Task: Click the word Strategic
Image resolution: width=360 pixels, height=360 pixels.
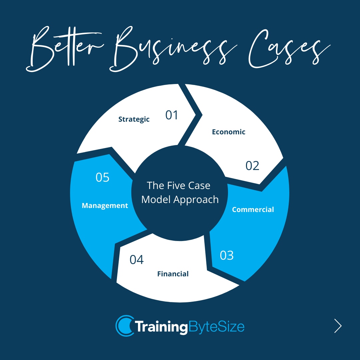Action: (x=134, y=119)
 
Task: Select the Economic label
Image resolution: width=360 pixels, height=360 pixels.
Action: (x=229, y=132)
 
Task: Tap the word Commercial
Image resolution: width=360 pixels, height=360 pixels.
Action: (x=253, y=210)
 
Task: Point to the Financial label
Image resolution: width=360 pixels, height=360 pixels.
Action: (x=173, y=274)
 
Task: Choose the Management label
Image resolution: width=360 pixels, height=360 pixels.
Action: (x=105, y=206)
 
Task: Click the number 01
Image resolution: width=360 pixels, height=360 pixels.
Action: (x=172, y=115)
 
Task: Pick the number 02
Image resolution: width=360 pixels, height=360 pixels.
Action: (x=252, y=166)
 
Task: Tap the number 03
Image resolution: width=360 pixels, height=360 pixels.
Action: (x=227, y=256)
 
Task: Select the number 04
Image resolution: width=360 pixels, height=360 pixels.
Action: (x=137, y=260)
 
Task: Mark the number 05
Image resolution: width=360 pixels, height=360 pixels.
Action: (x=103, y=178)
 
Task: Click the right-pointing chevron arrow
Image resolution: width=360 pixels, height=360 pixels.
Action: (x=338, y=326)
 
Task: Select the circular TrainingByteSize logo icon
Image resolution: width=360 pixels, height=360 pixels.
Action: (x=124, y=325)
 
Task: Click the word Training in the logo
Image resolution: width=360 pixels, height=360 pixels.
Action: (x=161, y=326)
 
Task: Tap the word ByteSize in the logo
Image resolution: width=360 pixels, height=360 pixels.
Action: (x=217, y=326)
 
